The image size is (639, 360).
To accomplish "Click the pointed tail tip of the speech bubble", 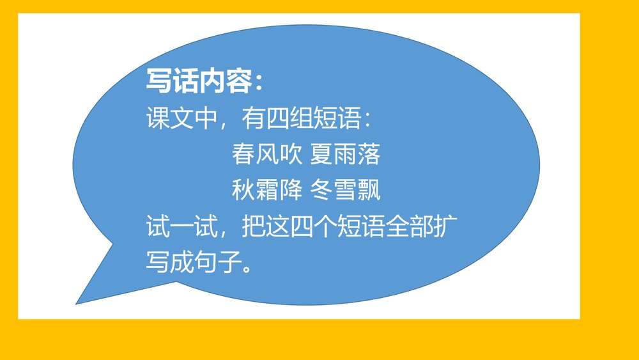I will (x=77, y=303).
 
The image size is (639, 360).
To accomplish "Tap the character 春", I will (x=243, y=154).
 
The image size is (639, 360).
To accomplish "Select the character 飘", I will (x=369, y=190).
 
